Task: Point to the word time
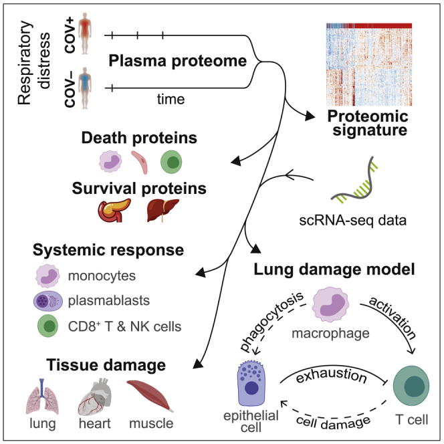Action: tap(166, 99)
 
